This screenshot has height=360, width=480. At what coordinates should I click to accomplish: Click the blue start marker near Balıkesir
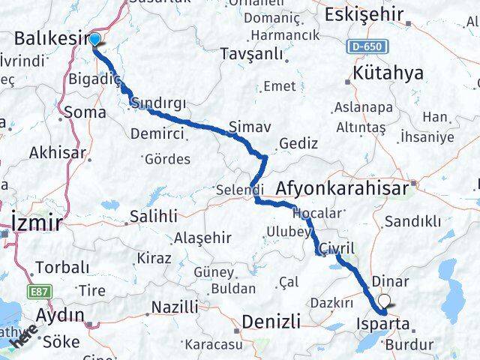click(x=95, y=39)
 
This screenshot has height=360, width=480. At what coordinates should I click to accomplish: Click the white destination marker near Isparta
click(x=385, y=301)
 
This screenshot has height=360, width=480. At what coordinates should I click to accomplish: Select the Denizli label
click(x=271, y=322)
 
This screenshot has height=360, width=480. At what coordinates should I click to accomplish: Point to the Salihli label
click(x=153, y=216)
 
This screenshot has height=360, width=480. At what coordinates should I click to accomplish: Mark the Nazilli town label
click(x=175, y=306)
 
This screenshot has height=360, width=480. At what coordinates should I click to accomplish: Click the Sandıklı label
click(x=412, y=221)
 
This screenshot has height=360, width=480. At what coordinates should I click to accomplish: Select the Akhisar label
click(x=58, y=153)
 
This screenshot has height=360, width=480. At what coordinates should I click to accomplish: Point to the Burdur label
click(x=410, y=346)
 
